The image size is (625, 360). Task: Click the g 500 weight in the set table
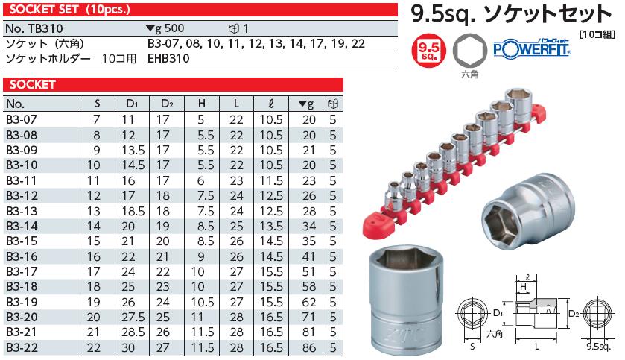point(166,28)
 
